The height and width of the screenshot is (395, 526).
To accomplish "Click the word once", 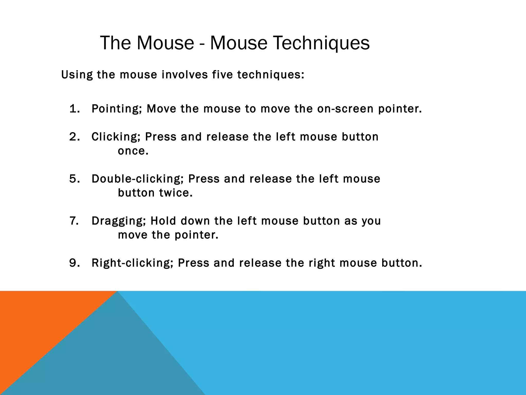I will tap(133, 151).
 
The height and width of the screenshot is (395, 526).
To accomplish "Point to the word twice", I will tap(176, 193).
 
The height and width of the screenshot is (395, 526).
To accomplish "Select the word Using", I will tap(77, 75).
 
